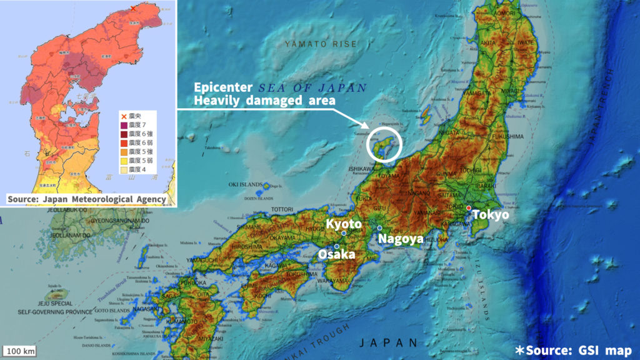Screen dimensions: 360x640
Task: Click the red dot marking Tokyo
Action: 468,208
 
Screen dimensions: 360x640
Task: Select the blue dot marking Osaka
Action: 337,245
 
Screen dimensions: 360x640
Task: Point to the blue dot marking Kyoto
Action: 343,233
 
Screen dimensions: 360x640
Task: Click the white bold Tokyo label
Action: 491,214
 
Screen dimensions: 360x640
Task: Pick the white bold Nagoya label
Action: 401,238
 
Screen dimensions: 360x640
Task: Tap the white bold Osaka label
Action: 337,254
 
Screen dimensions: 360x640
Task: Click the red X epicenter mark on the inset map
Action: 133,9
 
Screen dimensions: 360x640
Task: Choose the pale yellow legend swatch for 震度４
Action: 124,169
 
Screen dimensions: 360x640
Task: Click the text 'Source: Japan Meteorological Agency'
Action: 87,199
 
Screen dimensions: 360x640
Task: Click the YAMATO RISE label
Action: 321,44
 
